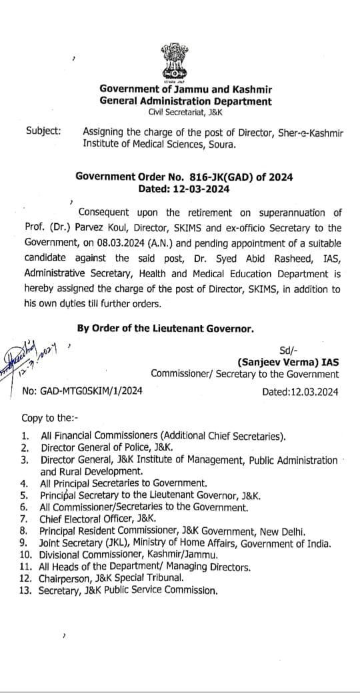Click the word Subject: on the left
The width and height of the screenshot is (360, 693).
click(42, 131)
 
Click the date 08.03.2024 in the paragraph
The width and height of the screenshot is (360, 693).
click(105, 245)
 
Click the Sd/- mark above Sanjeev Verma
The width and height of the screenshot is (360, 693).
click(291, 350)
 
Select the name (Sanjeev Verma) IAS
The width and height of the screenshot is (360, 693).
click(288, 362)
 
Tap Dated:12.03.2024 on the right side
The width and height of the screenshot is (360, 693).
click(301, 392)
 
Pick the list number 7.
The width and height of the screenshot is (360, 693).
click(25, 518)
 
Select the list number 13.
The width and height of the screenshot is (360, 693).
click(27, 590)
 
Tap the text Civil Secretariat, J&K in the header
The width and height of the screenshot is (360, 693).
click(184, 113)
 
